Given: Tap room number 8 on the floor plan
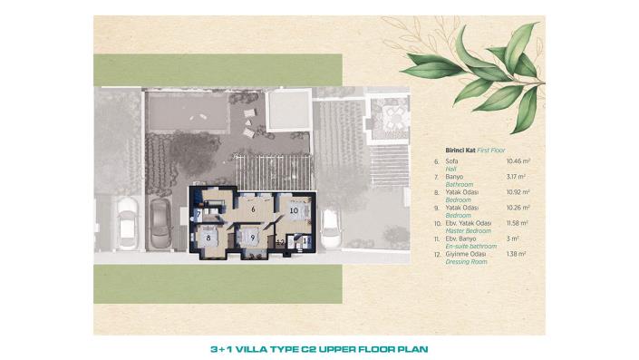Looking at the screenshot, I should point(209,238).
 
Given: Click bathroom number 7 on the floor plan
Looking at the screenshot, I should point(198,214).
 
